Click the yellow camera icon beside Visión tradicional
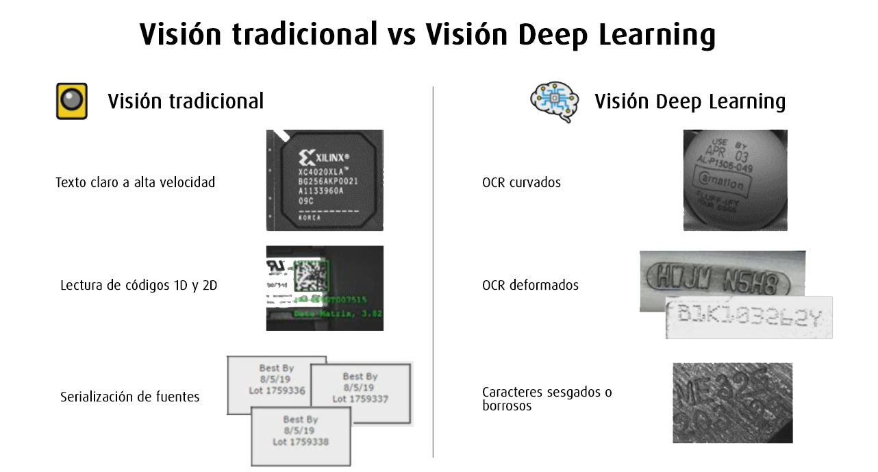click(x=71, y=101)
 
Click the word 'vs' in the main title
click(x=401, y=34)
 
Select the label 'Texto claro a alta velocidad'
click(x=135, y=183)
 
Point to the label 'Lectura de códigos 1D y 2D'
click(x=138, y=285)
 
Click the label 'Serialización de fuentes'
click(x=130, y=397)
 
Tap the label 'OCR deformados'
click(x=530, y=285)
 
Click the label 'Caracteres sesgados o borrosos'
click(x=537, y=399)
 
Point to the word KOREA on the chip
click(x=310, y=217)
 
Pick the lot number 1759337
click(x=360, y=399)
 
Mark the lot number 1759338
click(x=301, y=442)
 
